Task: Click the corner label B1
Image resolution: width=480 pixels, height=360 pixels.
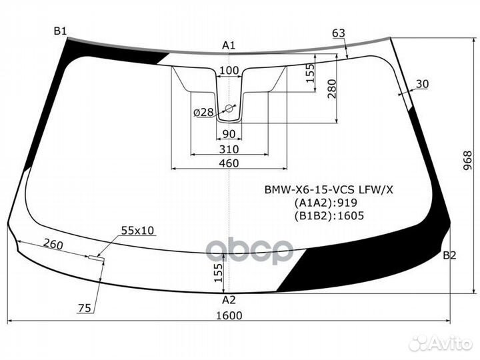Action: [60, 31]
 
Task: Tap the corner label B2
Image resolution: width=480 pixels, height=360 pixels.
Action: [449, 255]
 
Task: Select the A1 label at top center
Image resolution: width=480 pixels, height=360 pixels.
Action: [229, 45]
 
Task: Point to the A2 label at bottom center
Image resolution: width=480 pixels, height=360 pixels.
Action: [229, 300]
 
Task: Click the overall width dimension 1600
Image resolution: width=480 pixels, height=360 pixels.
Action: [229, 315]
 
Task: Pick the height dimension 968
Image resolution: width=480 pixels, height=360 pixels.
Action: [468, 161]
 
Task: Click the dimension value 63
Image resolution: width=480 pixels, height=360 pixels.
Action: [339, 33]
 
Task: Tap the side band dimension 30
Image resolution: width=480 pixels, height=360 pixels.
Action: [423, 84]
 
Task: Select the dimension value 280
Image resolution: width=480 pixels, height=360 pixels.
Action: [331, 89]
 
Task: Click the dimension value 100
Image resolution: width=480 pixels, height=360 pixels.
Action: [229, 71]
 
